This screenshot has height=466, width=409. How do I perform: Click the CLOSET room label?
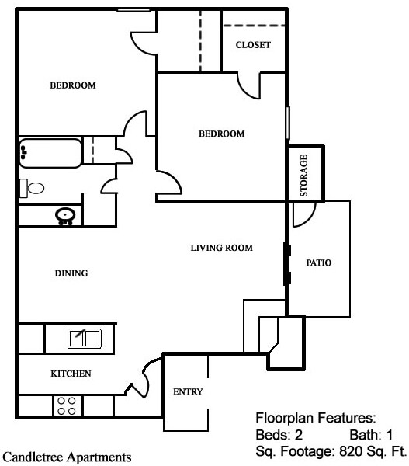(x=253, y=45)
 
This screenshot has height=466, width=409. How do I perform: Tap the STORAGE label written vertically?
(x=304, y=175)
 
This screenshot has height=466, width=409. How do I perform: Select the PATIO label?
(x=319, y=263)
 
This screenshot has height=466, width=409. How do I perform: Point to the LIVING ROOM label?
(x=222, y=249)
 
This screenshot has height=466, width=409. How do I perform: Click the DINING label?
(x=71, y=273)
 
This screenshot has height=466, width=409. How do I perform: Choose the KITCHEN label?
(x=71, y=374)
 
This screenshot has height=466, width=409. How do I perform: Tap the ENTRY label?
(x=187, y=391)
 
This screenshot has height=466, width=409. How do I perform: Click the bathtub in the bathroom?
(x=50, y=153)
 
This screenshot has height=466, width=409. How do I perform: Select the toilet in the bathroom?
(x=32, y=187)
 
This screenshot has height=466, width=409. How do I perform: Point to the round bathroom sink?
(x=64, y=215)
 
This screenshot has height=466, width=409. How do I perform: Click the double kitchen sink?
(x=84, y=338)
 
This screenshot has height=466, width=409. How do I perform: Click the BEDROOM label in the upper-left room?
(x=73, y=85)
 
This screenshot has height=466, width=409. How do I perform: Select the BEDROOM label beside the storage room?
(x=221, y=134)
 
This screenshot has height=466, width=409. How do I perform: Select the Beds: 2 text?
(x=279, y=434)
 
